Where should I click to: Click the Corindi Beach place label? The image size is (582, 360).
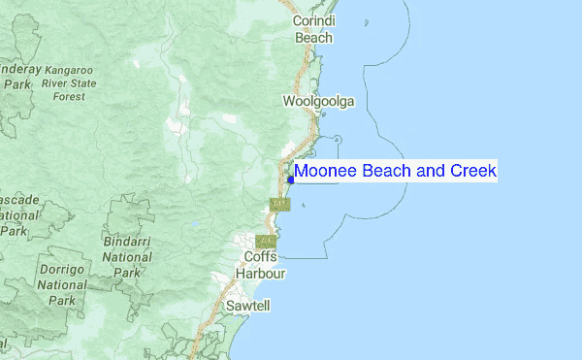point(313,28)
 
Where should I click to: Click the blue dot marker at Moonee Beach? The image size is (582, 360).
point(291,179)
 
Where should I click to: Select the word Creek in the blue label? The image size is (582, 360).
point(472,172)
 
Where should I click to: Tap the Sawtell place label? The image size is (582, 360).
point(248,305)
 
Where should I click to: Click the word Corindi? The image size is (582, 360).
point(313,20)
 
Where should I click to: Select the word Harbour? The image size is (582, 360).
point(262,273)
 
